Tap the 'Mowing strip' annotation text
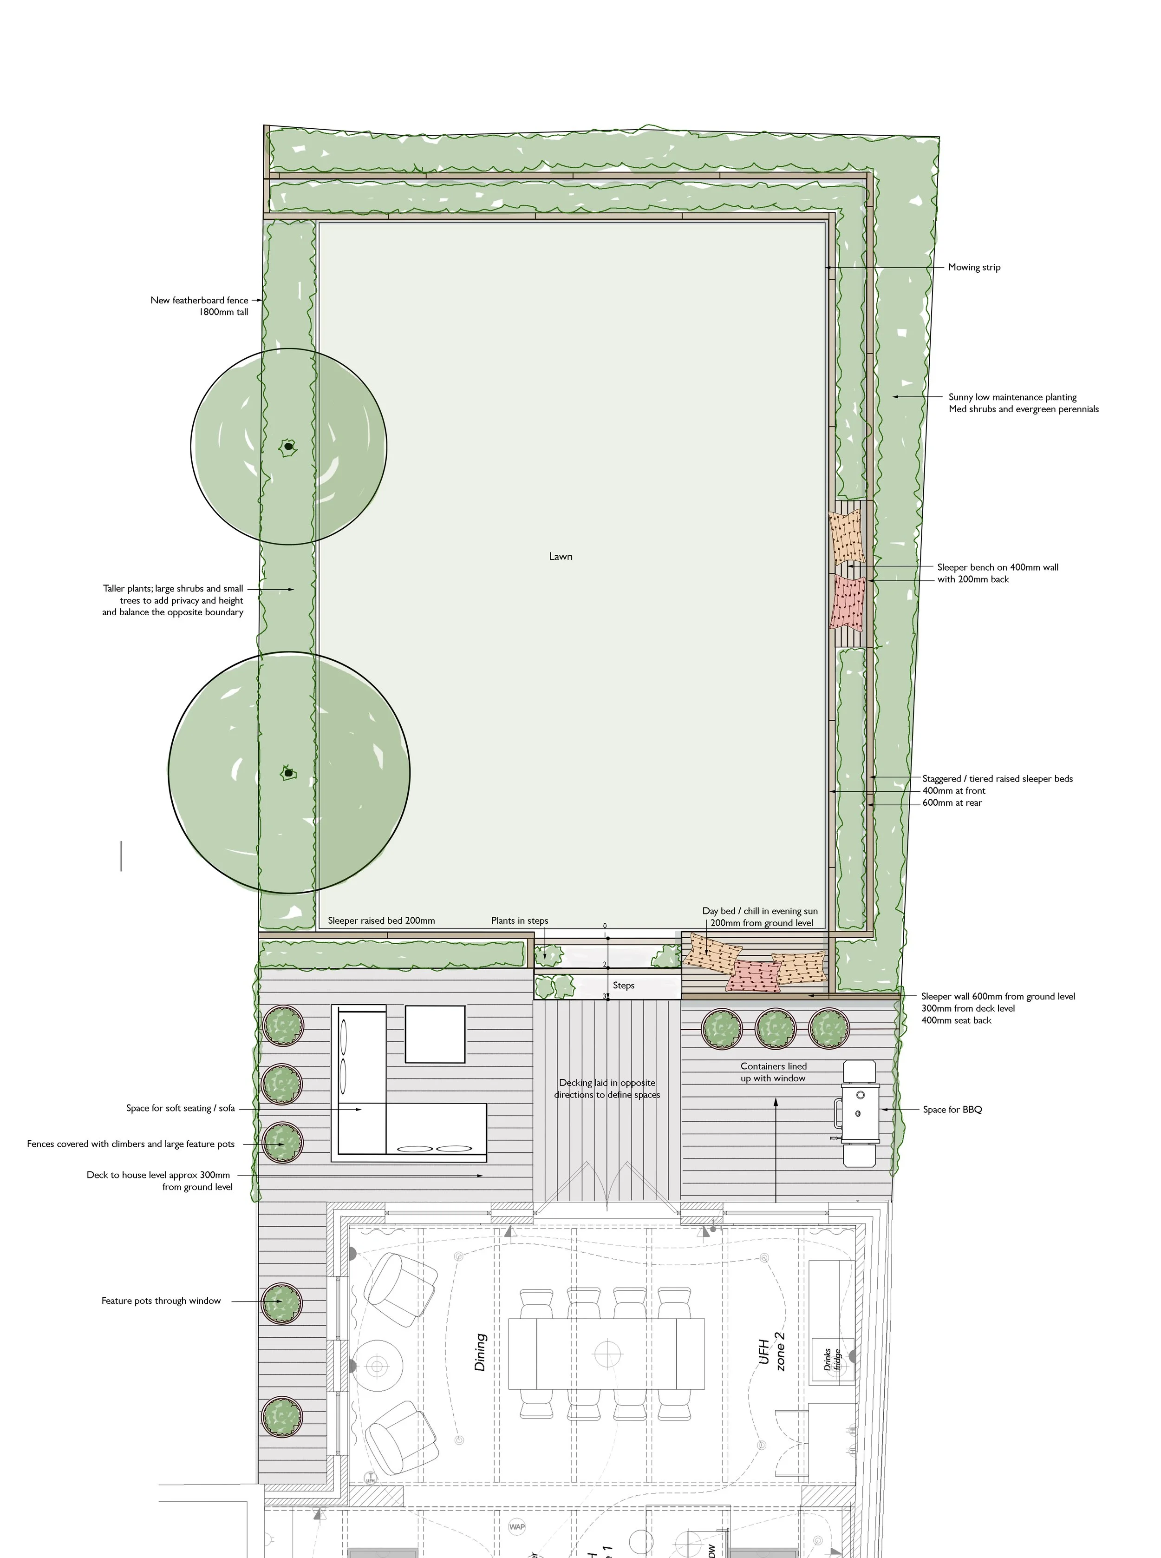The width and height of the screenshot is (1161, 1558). [x=973, y=267]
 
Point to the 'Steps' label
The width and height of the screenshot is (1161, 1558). [x=623, y=985]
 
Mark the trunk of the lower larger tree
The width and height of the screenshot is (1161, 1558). [x=287, y=773]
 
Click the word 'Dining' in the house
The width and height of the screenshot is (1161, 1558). [x=481, y=1352]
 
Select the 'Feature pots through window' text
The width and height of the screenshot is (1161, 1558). [x=161, y=1301]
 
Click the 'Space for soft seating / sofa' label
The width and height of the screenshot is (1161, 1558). [x=180, y=1108]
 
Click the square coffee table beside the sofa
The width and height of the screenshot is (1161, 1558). [x=435, y=1034]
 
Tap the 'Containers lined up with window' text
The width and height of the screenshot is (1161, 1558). [x=773, y=1072]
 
